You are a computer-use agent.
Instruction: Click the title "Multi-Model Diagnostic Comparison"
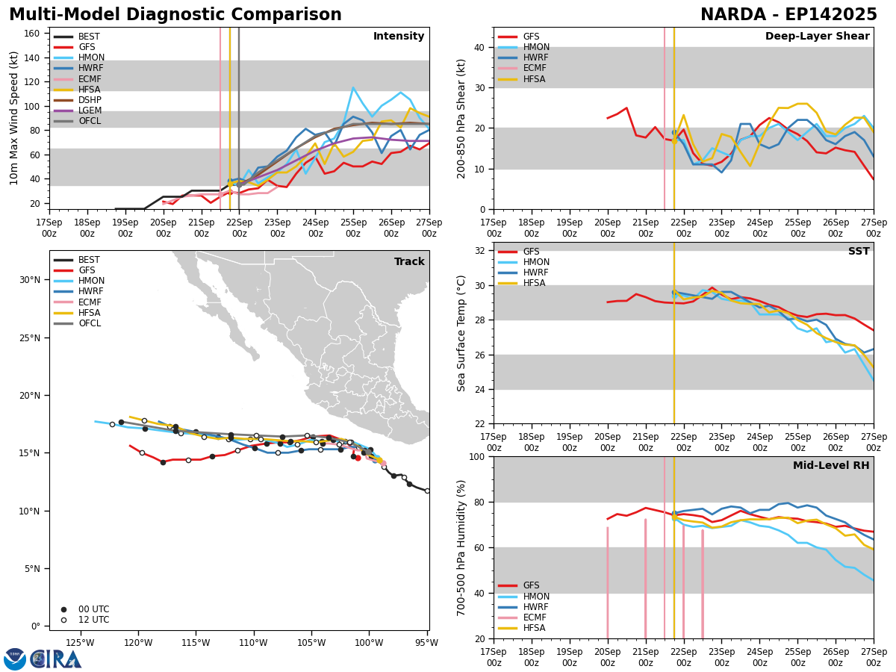[175, 15]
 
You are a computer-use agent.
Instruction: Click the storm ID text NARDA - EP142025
[788, 15]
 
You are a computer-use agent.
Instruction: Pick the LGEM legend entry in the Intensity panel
[90, 111]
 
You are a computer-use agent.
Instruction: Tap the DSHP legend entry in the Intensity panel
[90, 100]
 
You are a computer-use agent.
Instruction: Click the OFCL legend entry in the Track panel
[89, 323]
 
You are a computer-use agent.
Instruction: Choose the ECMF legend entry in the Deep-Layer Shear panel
[533, 69]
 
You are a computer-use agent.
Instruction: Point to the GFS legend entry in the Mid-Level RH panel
[531, 585]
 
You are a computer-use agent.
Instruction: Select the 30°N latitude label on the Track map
[29, 280]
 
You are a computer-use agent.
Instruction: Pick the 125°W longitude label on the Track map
[80, 642]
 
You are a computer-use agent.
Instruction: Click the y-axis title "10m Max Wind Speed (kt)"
[14, 118]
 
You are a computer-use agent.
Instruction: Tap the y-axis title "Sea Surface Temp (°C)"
[461, 333]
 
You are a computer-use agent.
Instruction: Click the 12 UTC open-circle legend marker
[63, 620]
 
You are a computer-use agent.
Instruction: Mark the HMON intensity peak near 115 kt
[353, 87]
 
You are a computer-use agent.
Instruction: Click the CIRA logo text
[56, 659]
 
